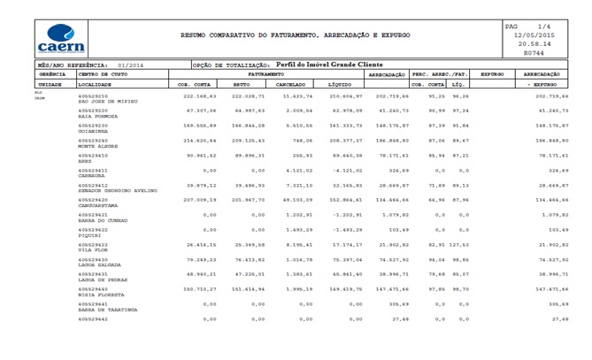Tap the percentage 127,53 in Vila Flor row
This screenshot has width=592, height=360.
click(x=458, y=243)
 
